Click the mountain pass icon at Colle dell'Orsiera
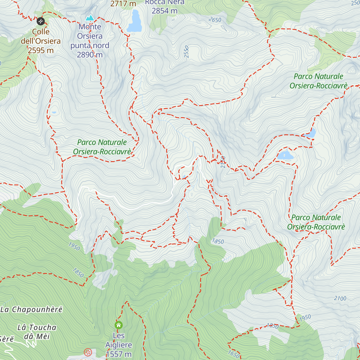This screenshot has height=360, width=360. pyautogui.click(x=40, y=21)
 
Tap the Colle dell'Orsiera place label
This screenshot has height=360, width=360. pyautogui.click(x=41, y=36)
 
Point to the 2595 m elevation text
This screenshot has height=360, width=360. pyautogui.click(x=41, y=50)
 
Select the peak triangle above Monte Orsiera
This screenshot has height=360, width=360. pyautogui.click(x=90, y=18)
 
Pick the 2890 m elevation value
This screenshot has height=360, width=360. pyautogui.click(x=90, y=55)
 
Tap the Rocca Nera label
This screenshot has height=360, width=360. pyautogui.click(x=164, y=2)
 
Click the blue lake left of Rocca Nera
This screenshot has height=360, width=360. pyautogui.click(x=134, y=22)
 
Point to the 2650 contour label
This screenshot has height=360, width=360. pyautogui.click(x=215, y=20)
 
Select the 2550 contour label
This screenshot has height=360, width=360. pyautogui.click(x=187, y=52)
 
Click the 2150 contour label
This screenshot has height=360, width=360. pyautogui.click(x=223, y=162)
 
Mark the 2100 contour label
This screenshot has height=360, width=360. pyautogui.click(x=340, y=298)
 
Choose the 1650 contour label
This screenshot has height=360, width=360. pyautogui.click(x=233, y=354)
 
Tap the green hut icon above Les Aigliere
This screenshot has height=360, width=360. pyautogui.click(x=118, y=325)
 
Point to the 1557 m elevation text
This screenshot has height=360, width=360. pyautogui.click(x=118, y=354)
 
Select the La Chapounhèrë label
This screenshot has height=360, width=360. pyautogui.click(x=31, y=310)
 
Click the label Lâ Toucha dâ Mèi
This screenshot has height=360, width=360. pyautogui.click(x=37, y=332)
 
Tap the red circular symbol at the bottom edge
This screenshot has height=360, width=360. pyautogui.click(x=88, y=352)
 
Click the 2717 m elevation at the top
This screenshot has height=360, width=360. pyautogui.click(x=123, y=4)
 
